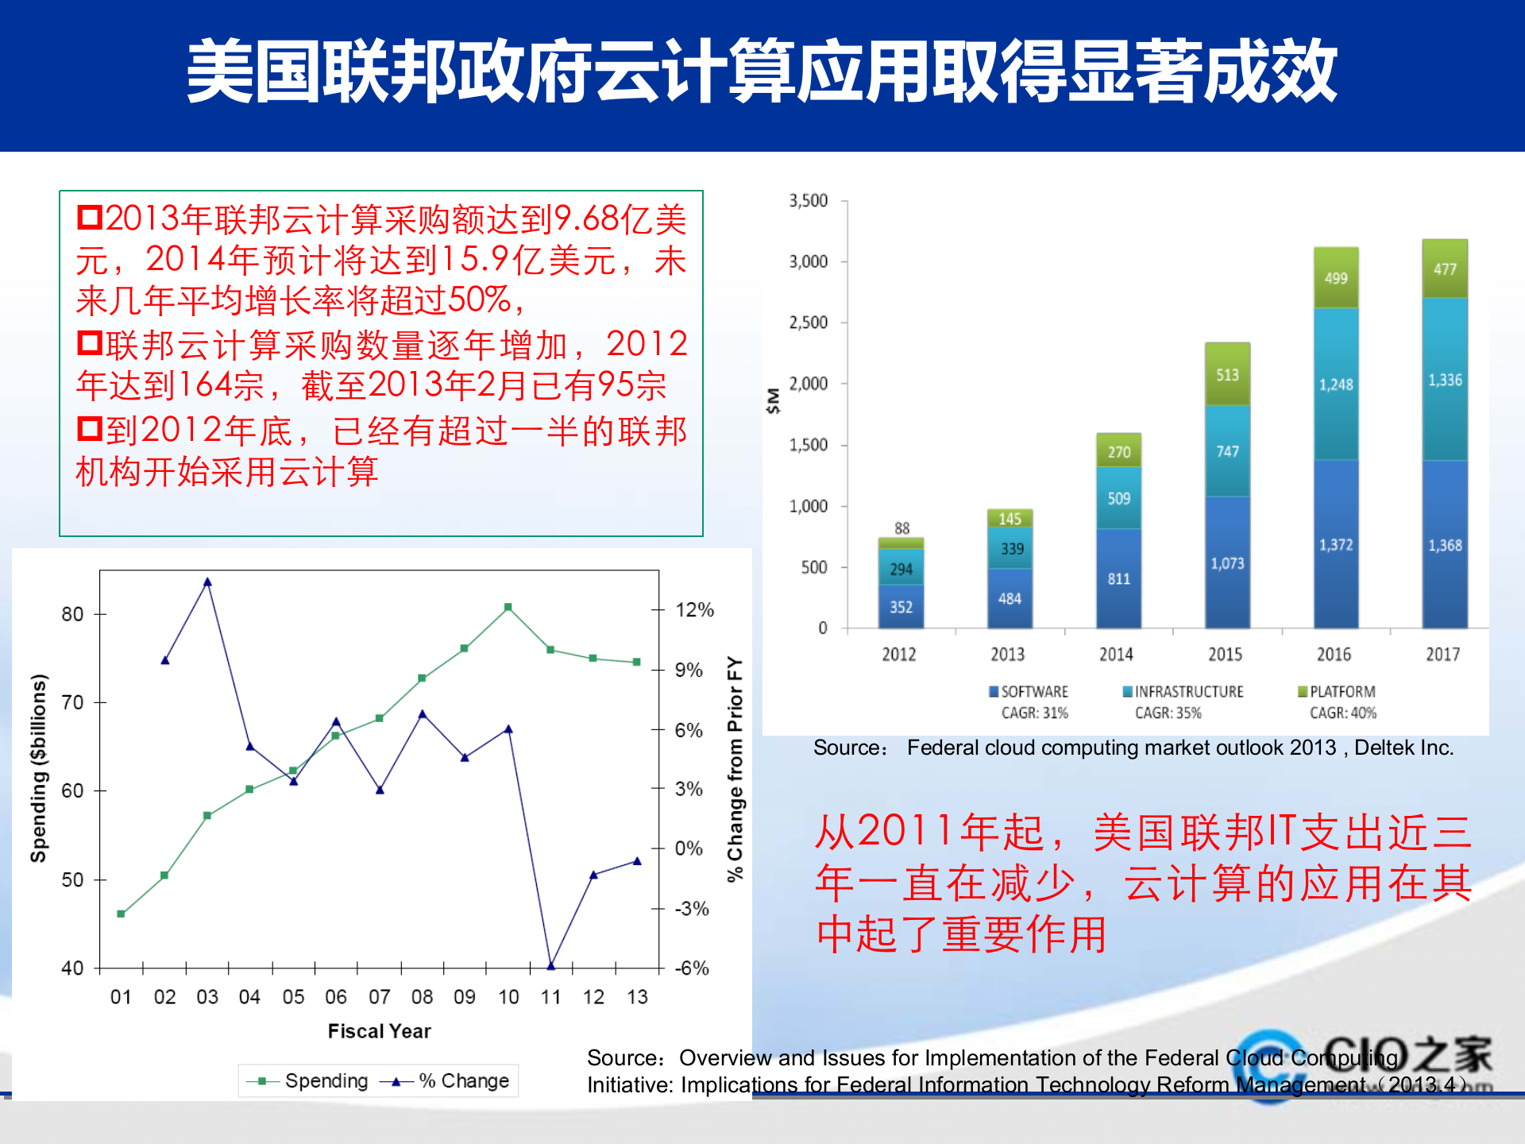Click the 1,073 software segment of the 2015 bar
pos(1227,563)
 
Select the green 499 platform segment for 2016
pos(1336,278)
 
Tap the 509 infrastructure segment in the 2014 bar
pos(1118,498)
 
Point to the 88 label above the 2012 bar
pos(901,528)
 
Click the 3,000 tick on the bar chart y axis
pos(808,261)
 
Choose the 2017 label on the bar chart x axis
pos(1442,654)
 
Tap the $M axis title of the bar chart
pos(773,400)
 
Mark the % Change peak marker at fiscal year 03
pos(207,582)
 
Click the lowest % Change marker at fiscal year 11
pos(550,965)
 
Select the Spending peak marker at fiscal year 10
pos(508,607)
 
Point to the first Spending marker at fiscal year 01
pos(121,914)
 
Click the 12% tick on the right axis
pos(694,610)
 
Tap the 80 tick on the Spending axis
pos(72,614)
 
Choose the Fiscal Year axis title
pos(379,1031)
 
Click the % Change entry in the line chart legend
pos(463,1081)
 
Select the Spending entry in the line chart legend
pos(326,1081)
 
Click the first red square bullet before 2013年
pos(89,217)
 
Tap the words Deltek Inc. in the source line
pos(1403,748)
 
